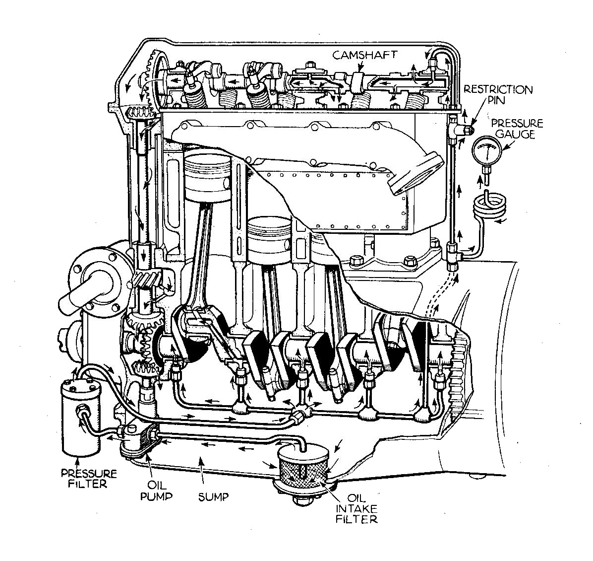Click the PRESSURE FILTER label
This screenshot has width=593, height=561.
point(89,478)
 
